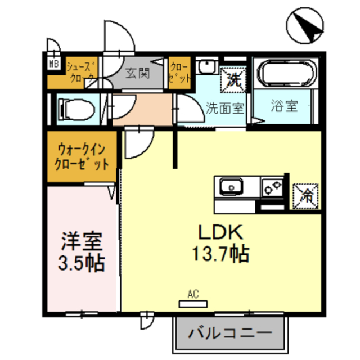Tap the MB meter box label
pos(55,64)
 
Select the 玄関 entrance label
pos(137,73)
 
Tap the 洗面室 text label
pos(224,107)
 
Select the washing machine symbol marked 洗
pos(233,79)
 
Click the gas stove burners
pos(272,187)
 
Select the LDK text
pos(219,232)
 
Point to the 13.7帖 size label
pos(219,255)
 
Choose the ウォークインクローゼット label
pos(82,156)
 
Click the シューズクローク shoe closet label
pos(82,73)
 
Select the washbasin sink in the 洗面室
pos(206,66)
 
